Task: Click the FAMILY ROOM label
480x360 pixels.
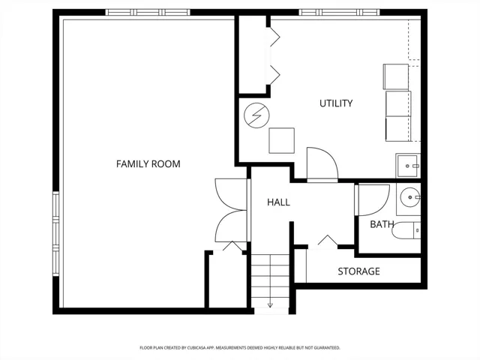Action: point(148,164)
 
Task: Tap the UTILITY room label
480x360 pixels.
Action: point(336,103)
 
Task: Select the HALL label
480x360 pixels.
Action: point(278,202)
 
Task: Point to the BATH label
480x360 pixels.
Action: point(382,224)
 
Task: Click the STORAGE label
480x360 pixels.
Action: point(358,271)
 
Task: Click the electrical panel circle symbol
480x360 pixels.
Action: point(256,115)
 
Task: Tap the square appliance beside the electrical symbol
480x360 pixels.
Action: point(282,140)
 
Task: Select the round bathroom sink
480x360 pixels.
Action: point(410,198)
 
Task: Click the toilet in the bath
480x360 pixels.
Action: point(406,230)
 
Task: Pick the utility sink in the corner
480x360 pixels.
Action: point(408,166)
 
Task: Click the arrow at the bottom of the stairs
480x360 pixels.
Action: point(270,305)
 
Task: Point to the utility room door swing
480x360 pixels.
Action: point(322,165)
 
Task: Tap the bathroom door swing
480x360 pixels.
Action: point(372,199)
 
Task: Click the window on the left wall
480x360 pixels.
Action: point(55,234)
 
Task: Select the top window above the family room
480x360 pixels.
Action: point(148,12)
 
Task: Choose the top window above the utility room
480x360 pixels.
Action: point(339,12)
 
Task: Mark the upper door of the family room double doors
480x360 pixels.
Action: point(231,194)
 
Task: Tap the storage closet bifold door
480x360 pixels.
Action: point(323,241)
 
